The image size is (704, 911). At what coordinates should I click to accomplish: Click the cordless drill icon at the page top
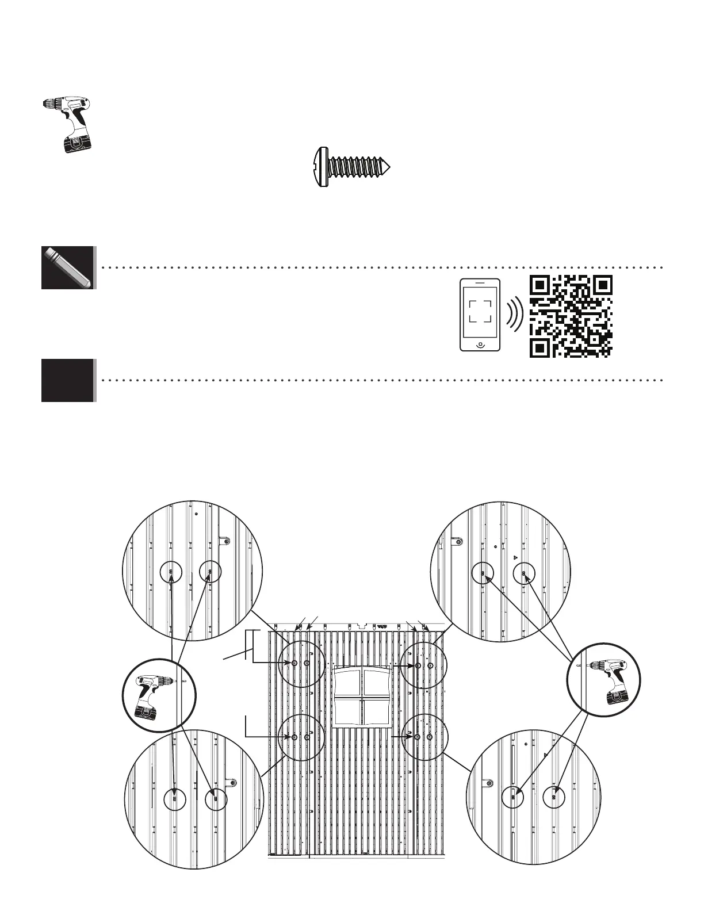[x=68, y=123]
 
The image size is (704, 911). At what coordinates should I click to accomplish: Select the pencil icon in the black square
[x=67, y=267]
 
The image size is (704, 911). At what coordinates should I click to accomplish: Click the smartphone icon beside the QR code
[x=480, y=314]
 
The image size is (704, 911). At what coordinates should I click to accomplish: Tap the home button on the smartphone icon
[x=480, y=344]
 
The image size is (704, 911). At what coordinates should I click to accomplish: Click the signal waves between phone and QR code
[x=514, y=314]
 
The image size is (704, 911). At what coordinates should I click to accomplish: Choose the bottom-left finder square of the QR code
[x=540, y=347]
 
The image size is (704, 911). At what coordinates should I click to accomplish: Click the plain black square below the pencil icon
[x=67, y=380]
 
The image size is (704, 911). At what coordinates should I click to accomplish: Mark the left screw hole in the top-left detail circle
[x=171, y=572]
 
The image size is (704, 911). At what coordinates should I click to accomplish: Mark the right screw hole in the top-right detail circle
[x=523, y=573]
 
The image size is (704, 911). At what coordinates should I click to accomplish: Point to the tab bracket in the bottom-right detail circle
[x=488, y=783]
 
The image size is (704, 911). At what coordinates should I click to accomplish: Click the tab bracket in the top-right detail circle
[x=458, y=541]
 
